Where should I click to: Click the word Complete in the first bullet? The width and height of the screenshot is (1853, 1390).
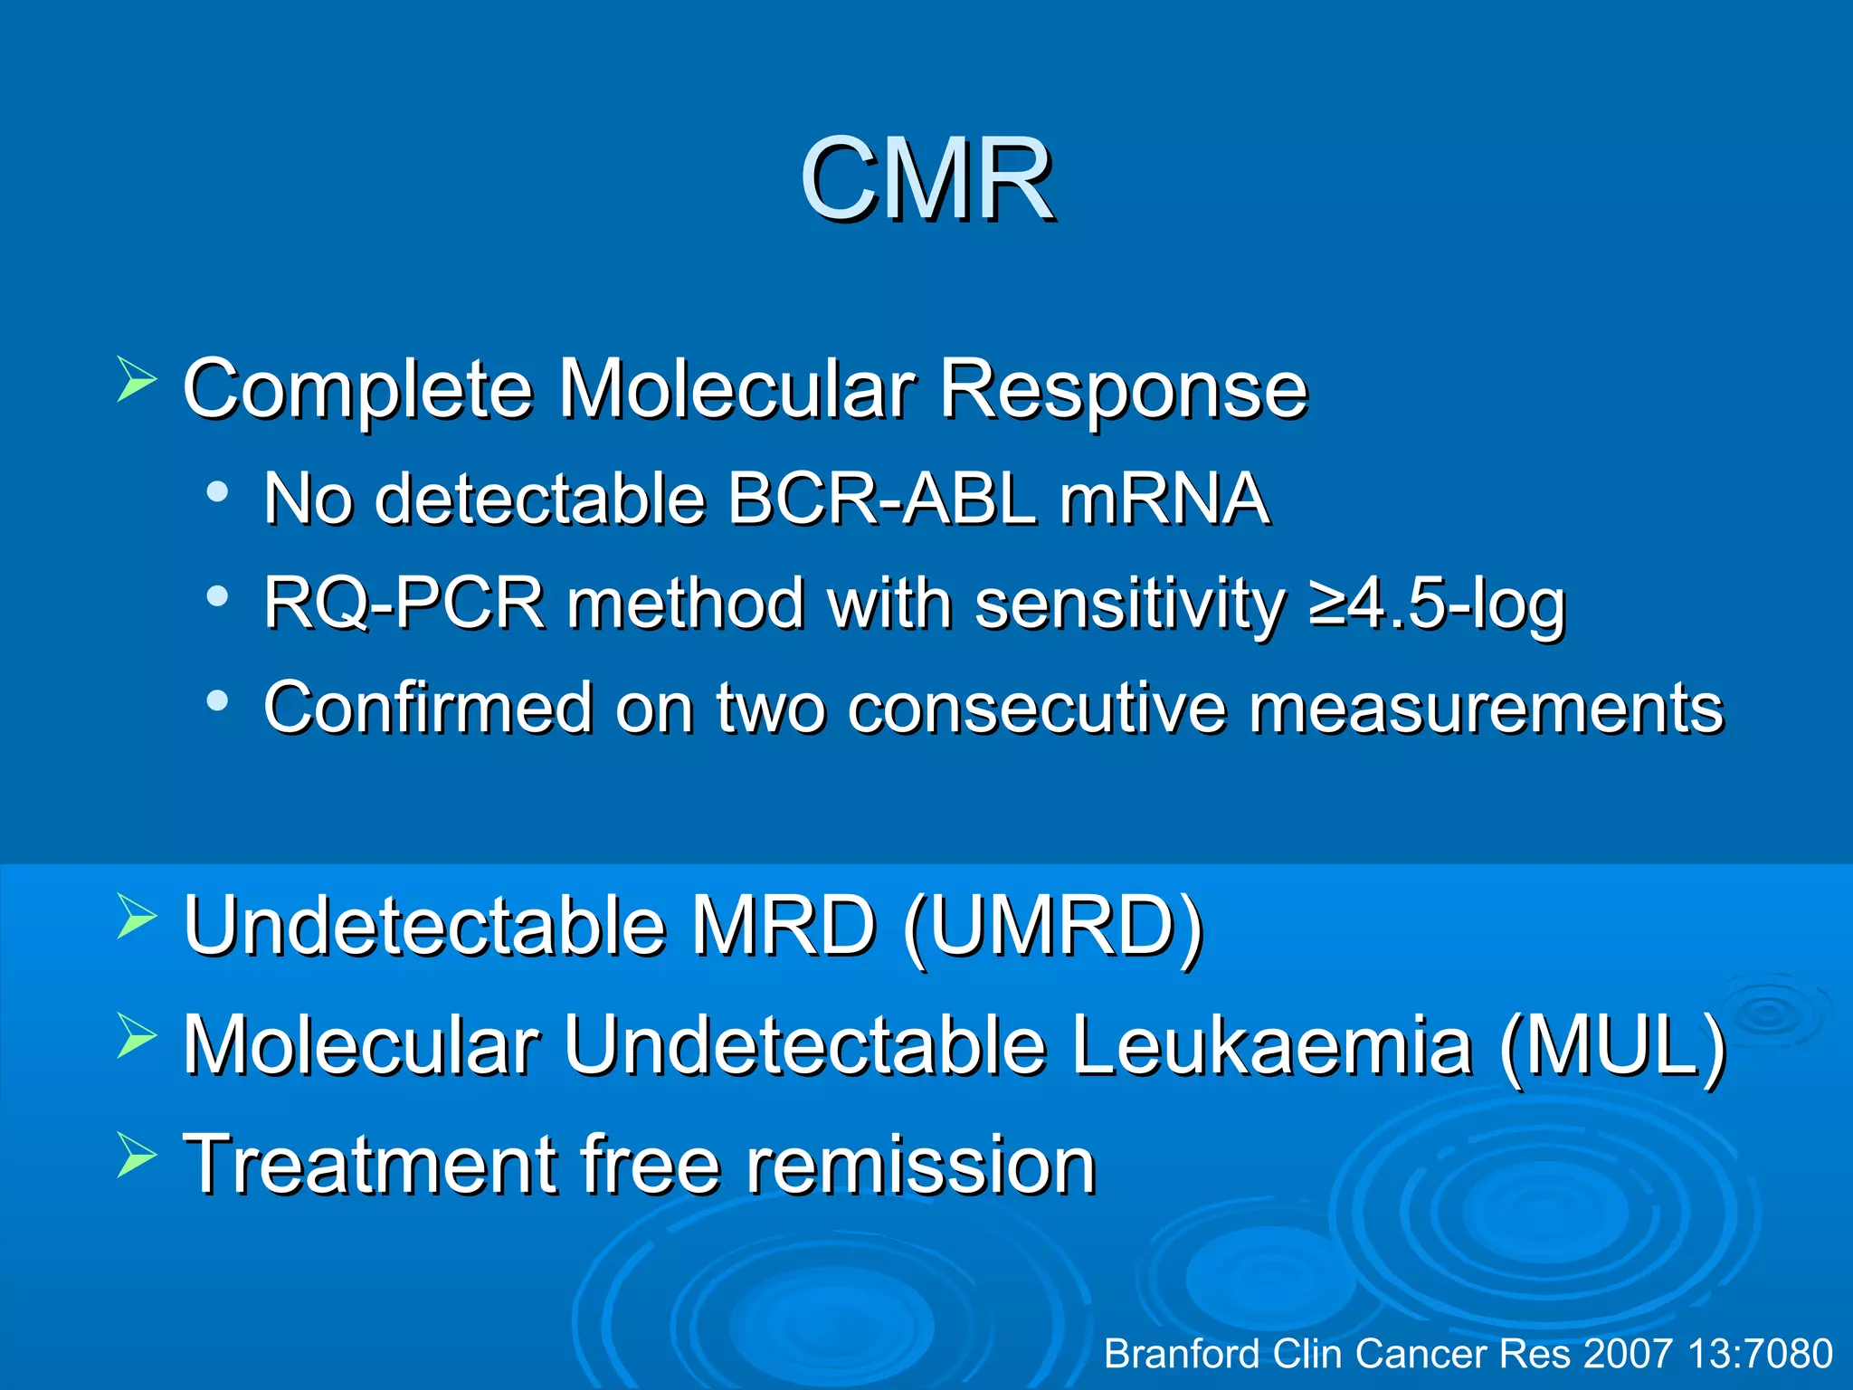click(357, 389)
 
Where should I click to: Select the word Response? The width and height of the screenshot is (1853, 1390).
click(1123, 389)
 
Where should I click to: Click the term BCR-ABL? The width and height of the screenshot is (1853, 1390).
click(881, 499)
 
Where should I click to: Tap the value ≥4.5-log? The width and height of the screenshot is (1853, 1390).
click(1437, 604)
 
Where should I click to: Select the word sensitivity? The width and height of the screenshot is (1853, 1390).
click(1130, 604)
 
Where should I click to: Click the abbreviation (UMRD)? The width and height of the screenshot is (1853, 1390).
click(1053, 926)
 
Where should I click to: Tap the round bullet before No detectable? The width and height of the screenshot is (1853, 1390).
click(216, 492)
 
